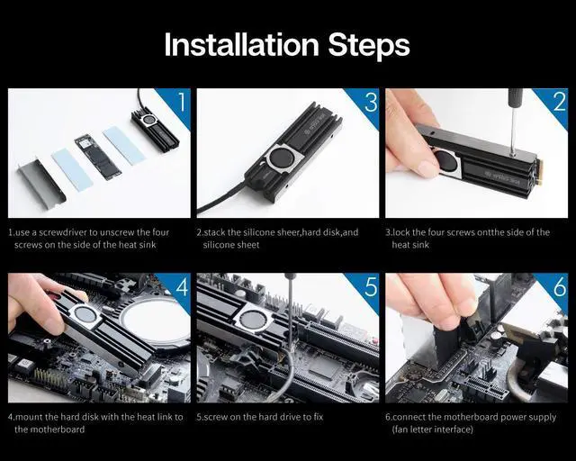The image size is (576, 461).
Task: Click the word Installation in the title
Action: [x=241, y=44]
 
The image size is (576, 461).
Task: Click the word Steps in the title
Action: [x=369, y=47]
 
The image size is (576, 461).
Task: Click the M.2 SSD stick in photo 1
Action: [x=97, y=158]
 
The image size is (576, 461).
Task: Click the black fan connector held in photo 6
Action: [x=446, y=343]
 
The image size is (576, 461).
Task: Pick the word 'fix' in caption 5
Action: [x=318, y=417]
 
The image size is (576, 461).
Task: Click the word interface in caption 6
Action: [x=452, y=429]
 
